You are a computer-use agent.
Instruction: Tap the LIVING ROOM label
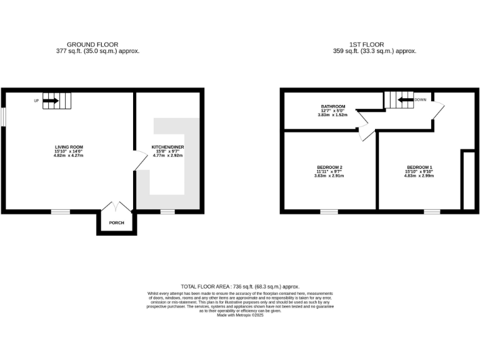pyautogui.click(x=69, y=147)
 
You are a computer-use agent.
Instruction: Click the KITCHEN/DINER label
pyautogui.click(x=168, y=147)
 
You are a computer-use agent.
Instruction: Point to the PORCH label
pyautogui.click(x=116, y=222)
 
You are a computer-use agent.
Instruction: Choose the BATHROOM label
pyautogui.click(x=333, y=107)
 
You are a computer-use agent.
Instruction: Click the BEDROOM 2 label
pyautogui.click(x=329, y=167)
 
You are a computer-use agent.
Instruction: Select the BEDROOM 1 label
pyautogui.click(x=419, y=167)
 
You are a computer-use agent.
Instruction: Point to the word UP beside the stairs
pyautogui.click(x=37, y=100)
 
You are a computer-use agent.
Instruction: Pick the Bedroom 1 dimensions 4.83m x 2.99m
pyautogui.click(x=419, y=176)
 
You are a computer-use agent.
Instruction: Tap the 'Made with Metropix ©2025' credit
pyautogui.click(x=240, y=316)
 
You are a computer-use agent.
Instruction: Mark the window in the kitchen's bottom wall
pyautogui.click(x=167, y=212)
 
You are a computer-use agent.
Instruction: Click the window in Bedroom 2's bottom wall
pyautogui.click(x=329, y=212)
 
